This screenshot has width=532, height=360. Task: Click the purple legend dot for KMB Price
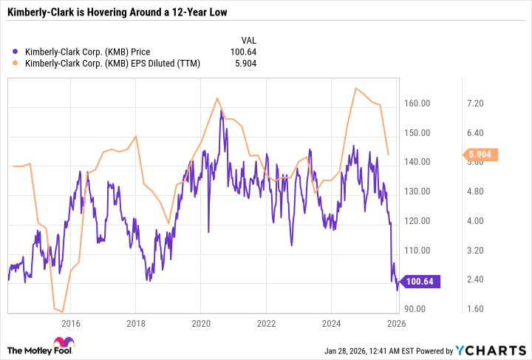16,51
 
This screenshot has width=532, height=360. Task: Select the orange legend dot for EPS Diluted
16,64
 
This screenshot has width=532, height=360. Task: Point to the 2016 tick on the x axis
71,323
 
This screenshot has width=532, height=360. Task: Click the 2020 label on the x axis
201,323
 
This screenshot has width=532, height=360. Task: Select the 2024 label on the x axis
331,323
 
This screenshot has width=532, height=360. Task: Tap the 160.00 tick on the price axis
418,103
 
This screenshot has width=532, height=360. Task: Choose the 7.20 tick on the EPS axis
472,103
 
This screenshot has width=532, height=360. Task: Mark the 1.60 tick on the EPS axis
472,309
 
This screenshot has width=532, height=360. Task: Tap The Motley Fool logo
41,347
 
